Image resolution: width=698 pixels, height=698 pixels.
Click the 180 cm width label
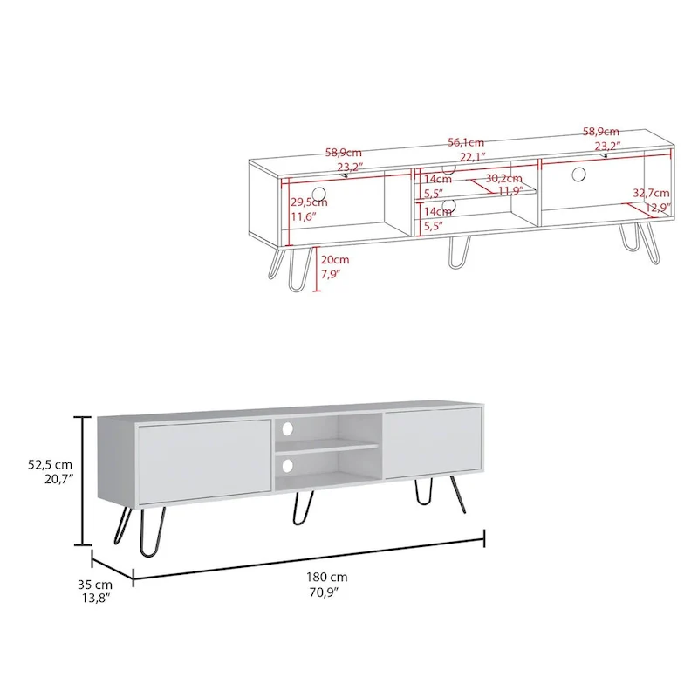[327, 577]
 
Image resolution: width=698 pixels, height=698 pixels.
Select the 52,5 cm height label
[49, 464]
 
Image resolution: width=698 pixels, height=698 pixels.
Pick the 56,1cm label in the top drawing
[466, 142]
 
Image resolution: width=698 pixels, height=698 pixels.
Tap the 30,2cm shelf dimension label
[503, 178]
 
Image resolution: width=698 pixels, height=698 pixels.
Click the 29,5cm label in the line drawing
[308, 202]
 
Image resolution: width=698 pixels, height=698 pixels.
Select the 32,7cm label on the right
[651, 193]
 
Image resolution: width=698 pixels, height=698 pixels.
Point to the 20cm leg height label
[335, 260]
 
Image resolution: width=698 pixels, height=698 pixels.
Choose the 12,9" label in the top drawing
[658, 208]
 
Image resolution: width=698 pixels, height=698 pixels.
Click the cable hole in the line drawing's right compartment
[578, 174]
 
